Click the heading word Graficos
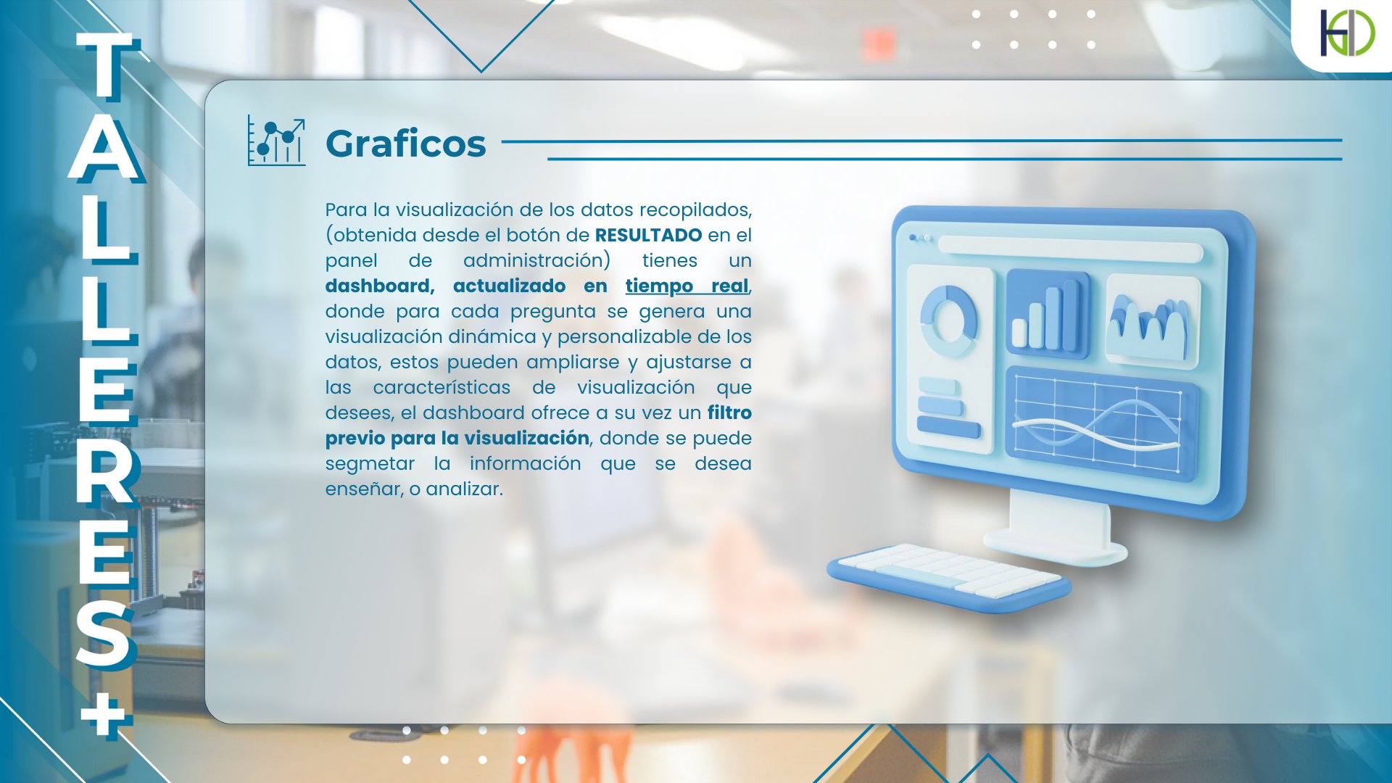coord(405,144)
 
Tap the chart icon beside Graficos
coord(276,141)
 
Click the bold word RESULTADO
coord(648,235)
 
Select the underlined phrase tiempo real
coord(687,286)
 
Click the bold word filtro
coord(729,413)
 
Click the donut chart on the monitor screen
coord(948,321)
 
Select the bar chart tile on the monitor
coord(1048,315)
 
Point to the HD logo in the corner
coord(1347,33)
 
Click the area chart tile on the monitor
coord(1152,320)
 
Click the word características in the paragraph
coord(442,387)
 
